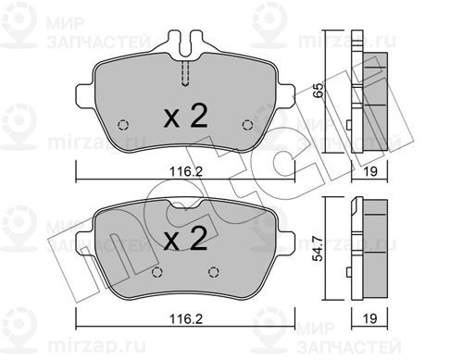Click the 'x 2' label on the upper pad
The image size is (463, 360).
(185, 116)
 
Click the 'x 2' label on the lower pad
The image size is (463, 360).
(185, 238)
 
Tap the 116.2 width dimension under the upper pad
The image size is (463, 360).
(186, 171)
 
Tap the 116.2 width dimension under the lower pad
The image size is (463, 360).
(186, 318)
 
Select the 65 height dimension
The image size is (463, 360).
(318, 90)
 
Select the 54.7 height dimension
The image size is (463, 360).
(318, 248)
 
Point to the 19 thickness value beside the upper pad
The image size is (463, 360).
(369, 171)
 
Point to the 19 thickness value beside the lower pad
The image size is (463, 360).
(369, 318)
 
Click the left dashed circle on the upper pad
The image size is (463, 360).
(123, 125)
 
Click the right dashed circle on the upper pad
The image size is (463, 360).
(247, 125)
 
